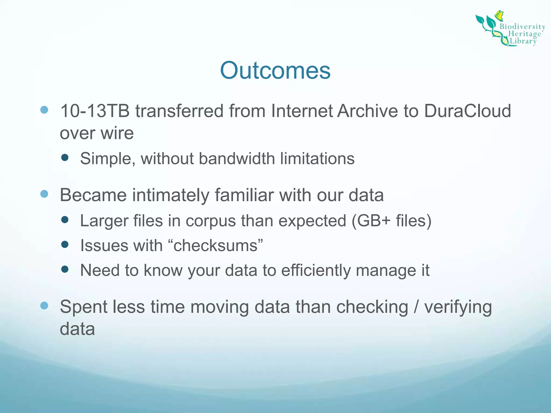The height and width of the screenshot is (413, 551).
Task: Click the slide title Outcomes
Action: coord(275,70)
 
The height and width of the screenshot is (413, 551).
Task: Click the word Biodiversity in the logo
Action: coord(522,27)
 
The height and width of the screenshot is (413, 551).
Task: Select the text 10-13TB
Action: coord(95,111)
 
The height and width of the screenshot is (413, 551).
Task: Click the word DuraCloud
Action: coord(468,111)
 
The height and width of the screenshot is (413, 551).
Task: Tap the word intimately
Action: coord(171,195)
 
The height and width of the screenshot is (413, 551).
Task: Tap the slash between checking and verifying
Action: coord(416,307)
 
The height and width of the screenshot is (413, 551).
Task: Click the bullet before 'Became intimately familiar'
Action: coord(44,194)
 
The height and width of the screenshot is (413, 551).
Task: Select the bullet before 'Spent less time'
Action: coord(44,305)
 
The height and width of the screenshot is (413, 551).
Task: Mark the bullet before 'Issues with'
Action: coord(65,244)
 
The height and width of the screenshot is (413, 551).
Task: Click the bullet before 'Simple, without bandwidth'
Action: coord(65,157)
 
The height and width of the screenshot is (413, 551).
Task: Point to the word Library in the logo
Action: coord(523,41)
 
